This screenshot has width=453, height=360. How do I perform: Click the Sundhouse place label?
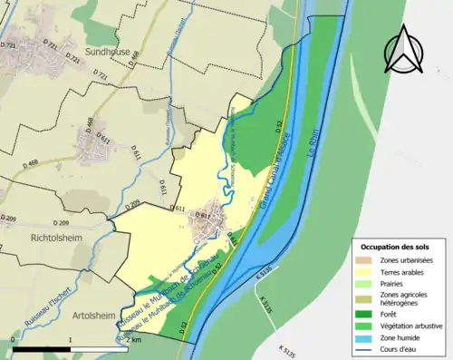tap(109, 53)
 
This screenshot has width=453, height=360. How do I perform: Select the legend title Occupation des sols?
tap(395, 247)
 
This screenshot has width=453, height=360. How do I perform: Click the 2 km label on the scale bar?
tap(135, 339)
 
